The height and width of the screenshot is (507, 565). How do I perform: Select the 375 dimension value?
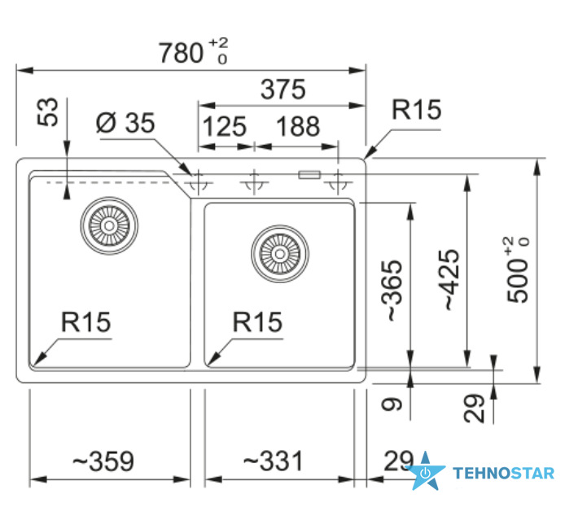coord(282,90)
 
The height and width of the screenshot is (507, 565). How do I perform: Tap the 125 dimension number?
coord(225,126)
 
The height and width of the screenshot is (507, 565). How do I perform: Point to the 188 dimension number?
coord(298,126)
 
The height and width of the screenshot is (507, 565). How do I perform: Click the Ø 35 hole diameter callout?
coord(125,123)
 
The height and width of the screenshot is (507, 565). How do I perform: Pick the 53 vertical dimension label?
coord(47,111)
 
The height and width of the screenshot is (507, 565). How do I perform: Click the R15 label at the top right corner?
coord(416,110)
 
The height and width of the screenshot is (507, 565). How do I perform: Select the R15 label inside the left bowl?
coord(85,322)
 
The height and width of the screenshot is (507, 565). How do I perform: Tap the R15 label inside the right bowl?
coord(257,322)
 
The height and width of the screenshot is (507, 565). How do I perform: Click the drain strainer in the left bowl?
coord(109,225)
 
